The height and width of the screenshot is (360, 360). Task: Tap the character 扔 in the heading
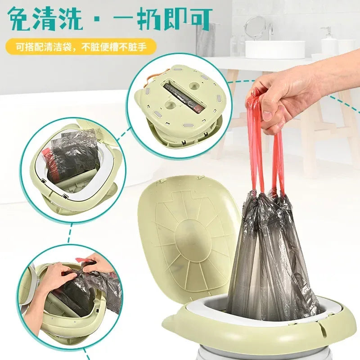click(155, 19)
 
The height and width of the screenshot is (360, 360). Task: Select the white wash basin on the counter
click(275, 49)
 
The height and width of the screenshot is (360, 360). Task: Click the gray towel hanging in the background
click(206, 40)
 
